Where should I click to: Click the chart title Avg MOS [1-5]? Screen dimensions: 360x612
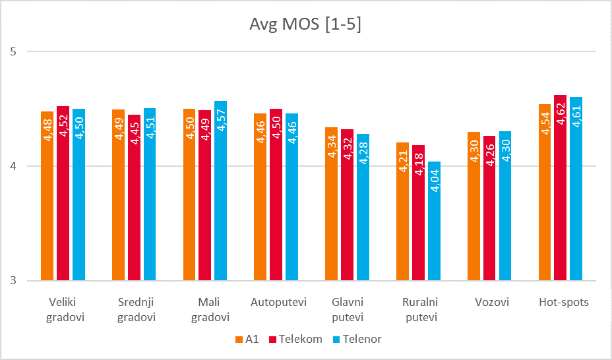[x=305, y=25]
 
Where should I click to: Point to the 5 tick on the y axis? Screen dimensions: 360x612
[x=13, y=51]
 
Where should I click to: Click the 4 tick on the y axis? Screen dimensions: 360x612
[x=13, y=166]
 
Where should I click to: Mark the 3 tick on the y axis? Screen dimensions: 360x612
[x=13, y=282]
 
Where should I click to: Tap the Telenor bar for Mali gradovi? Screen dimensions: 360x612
[x=221, y=191]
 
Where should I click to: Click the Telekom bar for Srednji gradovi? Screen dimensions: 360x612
[x=135, y=198]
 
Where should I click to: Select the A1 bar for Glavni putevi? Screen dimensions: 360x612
[x=332, y=204]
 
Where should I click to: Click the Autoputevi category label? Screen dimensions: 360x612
[x=279, y=303]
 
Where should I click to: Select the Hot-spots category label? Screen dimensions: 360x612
[x=563, y=303]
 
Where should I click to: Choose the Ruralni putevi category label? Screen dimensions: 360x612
[x=420, y=310]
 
